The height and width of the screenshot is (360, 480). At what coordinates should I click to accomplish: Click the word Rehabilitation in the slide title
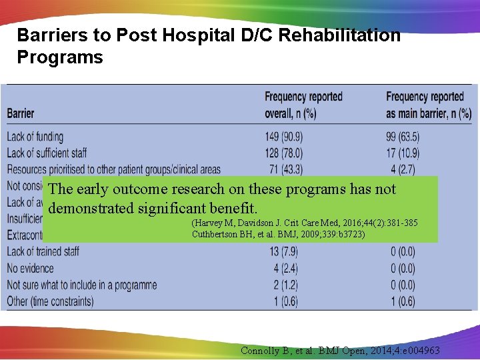339,35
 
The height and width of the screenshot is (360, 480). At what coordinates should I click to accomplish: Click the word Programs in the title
60,57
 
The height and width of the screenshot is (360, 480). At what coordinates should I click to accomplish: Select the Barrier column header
21,113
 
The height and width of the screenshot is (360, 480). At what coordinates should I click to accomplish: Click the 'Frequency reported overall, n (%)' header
303,105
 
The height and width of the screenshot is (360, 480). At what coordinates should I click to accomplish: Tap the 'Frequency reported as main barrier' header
428,105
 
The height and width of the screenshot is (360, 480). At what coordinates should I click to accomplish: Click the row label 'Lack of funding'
35,137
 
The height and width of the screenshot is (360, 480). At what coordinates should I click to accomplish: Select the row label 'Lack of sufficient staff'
47,153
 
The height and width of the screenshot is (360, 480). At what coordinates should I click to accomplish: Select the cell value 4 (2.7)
402,169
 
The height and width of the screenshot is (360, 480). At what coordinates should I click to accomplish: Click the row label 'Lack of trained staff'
43,251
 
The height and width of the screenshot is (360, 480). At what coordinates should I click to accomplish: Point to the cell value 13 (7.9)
284,251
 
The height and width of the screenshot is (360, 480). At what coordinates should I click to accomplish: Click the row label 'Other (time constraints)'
50,301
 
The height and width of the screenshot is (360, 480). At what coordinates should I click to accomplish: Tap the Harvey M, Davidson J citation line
304,223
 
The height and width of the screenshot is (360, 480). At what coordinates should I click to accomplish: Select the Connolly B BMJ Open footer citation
341,351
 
